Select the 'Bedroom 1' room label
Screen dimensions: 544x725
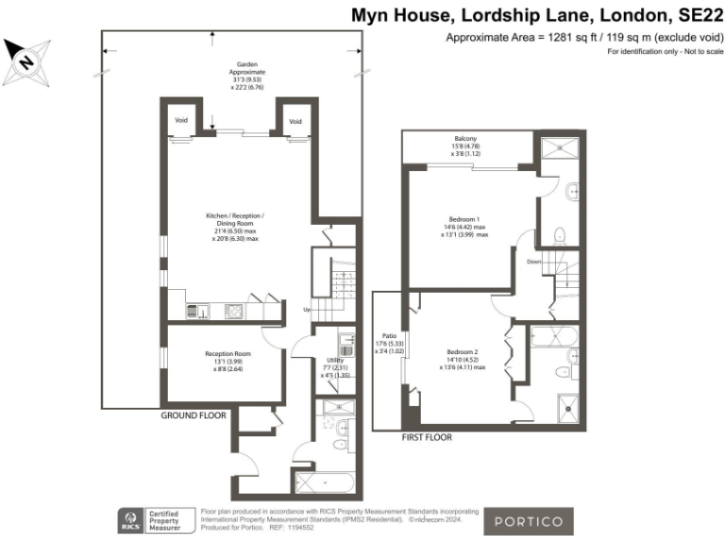(465, 218)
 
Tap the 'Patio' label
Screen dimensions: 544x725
(387, 335)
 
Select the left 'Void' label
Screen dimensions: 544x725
(182, 122)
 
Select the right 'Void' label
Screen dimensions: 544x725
(295, 122)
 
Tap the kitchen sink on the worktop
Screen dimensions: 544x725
(199, 310)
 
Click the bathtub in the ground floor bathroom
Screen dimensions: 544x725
(324, 483)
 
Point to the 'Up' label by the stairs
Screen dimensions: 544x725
(306, 310)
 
